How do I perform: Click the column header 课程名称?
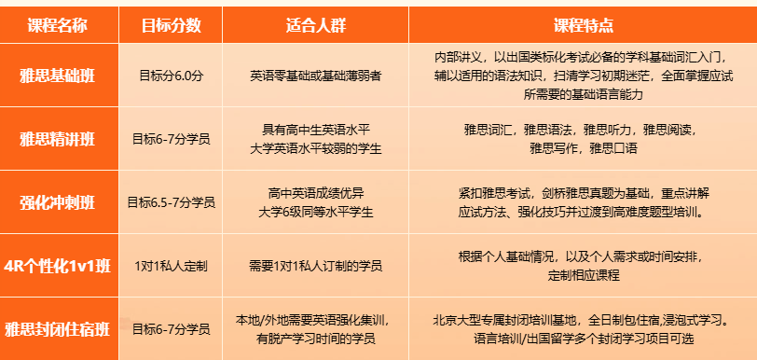click(58, 25)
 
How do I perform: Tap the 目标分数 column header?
click(171, 25)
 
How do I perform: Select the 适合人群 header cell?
click(316, 25)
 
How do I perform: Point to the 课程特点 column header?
click(584, 25)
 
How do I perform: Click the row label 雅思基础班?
click(58, 76)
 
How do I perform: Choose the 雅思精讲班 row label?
click(58, 140)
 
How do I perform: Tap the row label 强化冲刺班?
click(58, 202)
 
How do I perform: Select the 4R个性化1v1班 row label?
click(58, 266)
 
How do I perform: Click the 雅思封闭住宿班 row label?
click(58, 329)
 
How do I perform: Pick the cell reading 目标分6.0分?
click(171, 76)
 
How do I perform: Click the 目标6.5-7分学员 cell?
click(171, 202)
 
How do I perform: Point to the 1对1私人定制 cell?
click(171, 266)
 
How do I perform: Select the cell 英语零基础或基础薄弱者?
click(316, 76)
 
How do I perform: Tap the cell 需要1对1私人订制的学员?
click(316, 266)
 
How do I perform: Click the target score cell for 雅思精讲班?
click(171, 140)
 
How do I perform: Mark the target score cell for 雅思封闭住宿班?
click(171, 329)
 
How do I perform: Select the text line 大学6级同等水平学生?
click(316, 212)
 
